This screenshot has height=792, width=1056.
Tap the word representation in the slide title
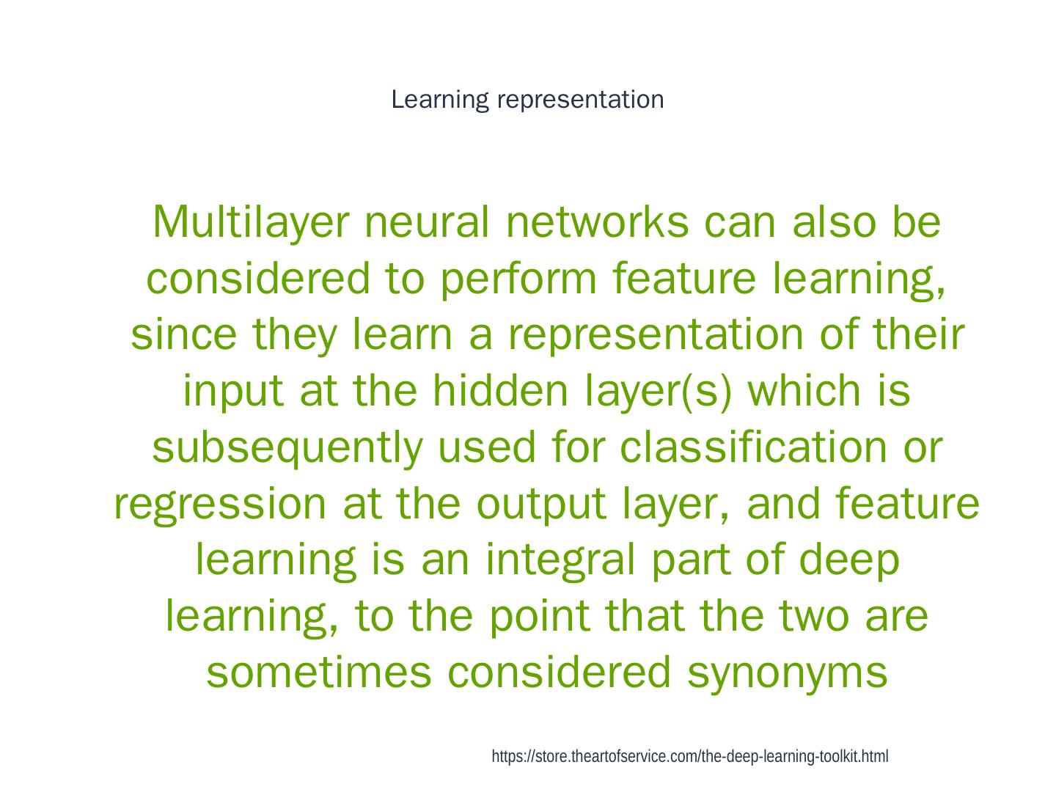580,99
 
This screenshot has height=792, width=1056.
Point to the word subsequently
286,447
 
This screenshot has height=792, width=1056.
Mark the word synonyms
787,672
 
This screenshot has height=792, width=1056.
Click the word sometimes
319,672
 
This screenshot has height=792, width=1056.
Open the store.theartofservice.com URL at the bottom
689,757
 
